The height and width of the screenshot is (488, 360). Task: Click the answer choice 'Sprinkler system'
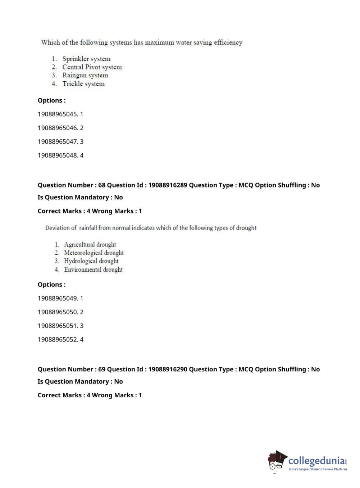coord(86,59)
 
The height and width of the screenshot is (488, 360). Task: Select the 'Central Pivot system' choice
coord(92,67)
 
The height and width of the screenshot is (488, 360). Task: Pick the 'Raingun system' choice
coord(85,75)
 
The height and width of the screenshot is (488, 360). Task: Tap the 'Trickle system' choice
coord(83,84)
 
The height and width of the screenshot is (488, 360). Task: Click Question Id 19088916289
coord(168,185)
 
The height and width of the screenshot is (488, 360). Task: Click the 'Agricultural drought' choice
coord(90,245)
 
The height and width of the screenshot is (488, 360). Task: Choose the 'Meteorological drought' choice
coord(94,253)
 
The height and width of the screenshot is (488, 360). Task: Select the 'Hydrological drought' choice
coord(91,261)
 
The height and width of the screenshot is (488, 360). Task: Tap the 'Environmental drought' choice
coord(93,270)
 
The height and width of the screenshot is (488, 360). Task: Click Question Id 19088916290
coord(168,369)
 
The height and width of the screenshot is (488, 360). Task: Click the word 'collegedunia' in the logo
coord(316,461)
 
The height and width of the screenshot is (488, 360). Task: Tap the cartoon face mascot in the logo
coord(276,461)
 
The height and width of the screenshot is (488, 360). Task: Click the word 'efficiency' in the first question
coord(228,42)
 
